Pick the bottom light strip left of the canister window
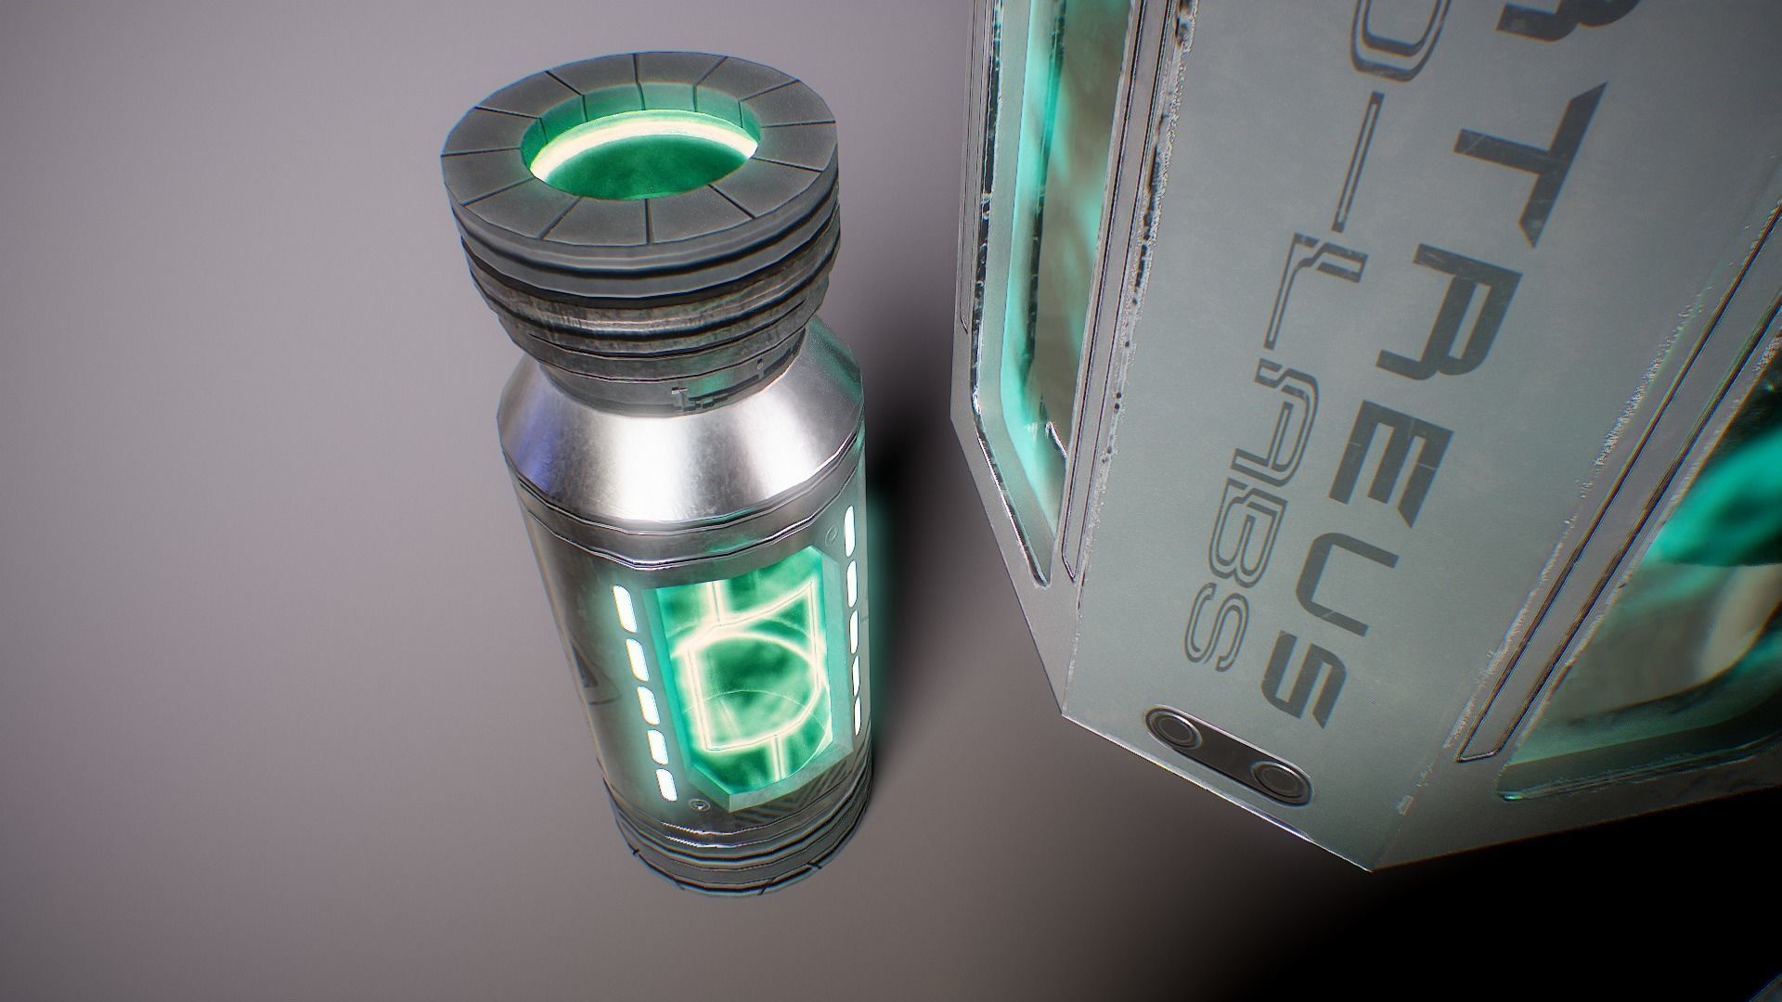(x=666, y=774)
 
